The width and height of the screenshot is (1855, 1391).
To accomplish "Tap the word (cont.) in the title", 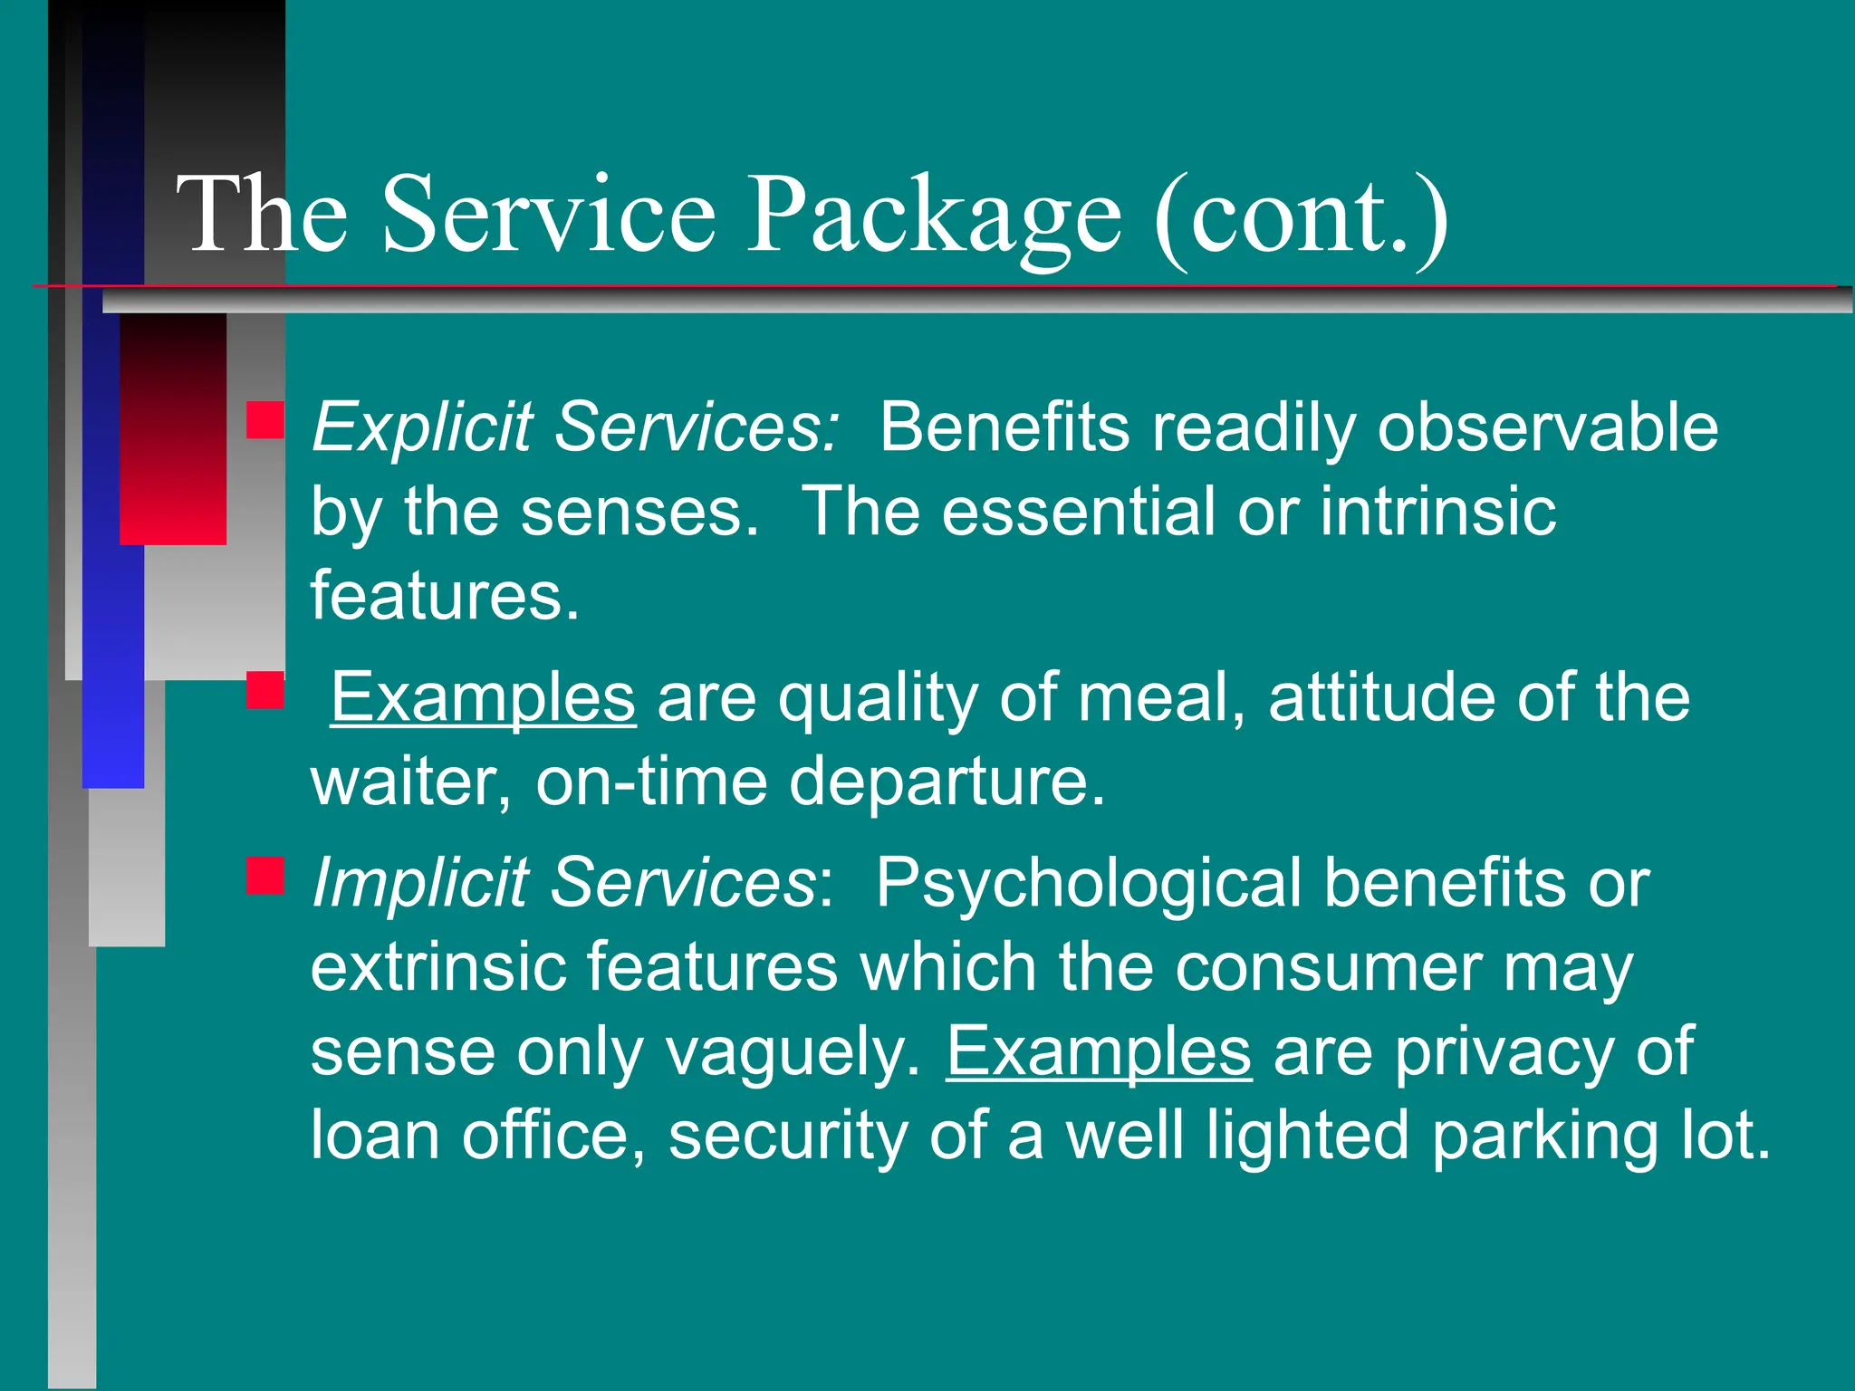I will [x=1300, y=217].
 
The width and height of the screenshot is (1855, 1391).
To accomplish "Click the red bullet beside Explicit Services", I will [x=265, y=421].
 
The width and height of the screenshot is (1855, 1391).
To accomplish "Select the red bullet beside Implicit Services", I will [x=265, y=877].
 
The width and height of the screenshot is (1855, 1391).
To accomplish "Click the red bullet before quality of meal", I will [x=265, y=690].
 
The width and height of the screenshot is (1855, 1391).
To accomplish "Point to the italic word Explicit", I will [x=422, y=427].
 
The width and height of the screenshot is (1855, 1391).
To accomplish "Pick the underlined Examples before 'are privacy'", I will [x=1099, y=1051].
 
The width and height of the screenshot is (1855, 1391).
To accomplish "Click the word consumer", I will [x=1328, y=967].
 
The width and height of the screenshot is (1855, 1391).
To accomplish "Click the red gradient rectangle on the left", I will [x=173, y=429].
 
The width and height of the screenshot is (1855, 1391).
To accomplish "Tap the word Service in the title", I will [x=548, y=217].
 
